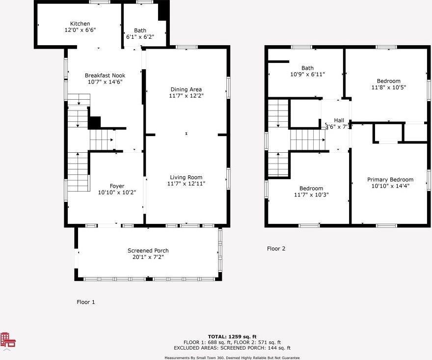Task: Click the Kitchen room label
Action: (80, 24)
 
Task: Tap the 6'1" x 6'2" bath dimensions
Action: (140, 37)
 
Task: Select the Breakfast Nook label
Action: (105, 76)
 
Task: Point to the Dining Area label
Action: (186, 89)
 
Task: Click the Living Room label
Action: (186, 177)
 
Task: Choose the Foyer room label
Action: (117, 186)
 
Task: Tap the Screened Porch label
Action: (148, 250)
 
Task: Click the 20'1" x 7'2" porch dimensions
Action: (148, 257)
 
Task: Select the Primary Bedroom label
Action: (390, 179)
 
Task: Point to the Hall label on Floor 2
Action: (339, 120)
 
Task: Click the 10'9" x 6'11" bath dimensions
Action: (307, 74)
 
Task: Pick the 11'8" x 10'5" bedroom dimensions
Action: (389, 87)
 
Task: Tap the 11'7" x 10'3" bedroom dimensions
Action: (311, 195)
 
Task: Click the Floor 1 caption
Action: (86, 302)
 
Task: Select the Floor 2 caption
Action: (276, 249)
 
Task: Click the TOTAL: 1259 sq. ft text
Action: (232, 336)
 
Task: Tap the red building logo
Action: (8, 340)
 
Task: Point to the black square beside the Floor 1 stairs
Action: (94, 123)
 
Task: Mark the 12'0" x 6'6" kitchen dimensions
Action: (80, 30)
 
